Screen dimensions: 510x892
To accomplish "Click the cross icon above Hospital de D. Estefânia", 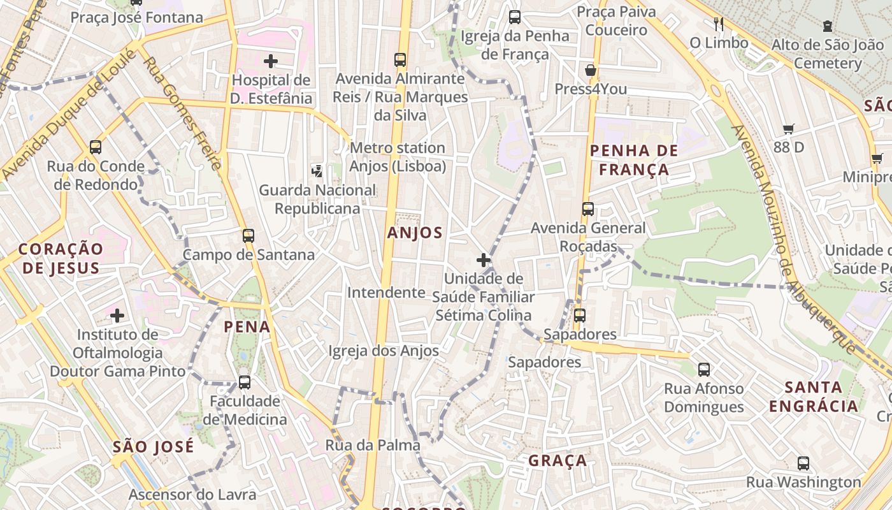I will click(271, 61).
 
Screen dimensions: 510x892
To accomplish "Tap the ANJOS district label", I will click(415, 233).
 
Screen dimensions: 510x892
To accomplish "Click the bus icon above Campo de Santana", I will click(248, 235).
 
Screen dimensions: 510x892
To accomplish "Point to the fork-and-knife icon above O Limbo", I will click(719, 24).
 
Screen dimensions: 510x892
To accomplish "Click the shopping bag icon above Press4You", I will click(591, 70).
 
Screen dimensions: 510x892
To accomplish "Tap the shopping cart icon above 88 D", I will click(788, 129).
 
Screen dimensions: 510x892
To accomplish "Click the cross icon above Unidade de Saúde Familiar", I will click(484, 260).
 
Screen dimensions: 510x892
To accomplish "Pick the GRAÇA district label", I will click(557, 460).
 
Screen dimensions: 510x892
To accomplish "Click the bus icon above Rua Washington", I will click(803, 463).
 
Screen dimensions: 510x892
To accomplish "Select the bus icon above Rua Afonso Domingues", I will click(704, 369).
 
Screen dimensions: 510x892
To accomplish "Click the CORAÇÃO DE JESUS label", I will click(61, 258).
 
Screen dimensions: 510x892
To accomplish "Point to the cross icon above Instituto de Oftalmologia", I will click(117, 315).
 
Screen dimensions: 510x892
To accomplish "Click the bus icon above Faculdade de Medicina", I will click(245, 382).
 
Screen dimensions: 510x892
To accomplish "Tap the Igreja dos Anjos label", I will click(384, 351).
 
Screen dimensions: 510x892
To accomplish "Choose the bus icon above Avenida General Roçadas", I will click(587, 208).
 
